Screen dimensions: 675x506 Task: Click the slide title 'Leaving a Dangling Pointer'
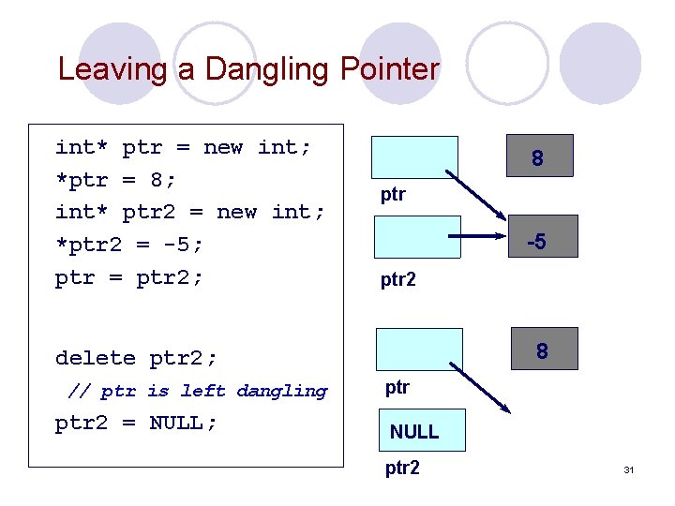pos(248,69)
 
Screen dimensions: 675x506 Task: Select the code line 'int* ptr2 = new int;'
pos(190,213)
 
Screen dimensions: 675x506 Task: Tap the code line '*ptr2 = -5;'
pos(128,246)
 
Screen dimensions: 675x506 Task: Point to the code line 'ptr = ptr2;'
pos(128,278)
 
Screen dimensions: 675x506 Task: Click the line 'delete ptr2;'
pos(136,358)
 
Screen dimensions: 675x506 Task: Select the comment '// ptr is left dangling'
pos(198,391)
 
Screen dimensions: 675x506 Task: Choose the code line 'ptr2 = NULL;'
pos(136,424)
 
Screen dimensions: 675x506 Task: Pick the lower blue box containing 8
pos(541,350)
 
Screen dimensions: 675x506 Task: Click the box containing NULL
pos(413,431)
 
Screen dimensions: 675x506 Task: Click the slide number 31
pos(628,469)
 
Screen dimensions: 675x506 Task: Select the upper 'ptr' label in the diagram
pos(393,195)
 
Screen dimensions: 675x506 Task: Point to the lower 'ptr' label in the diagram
pos(398,387)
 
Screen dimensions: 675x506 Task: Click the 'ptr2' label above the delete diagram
pos(398,279)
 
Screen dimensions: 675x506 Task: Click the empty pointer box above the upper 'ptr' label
pos(415,157)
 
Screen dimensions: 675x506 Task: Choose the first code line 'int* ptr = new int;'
pos(183,147)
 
